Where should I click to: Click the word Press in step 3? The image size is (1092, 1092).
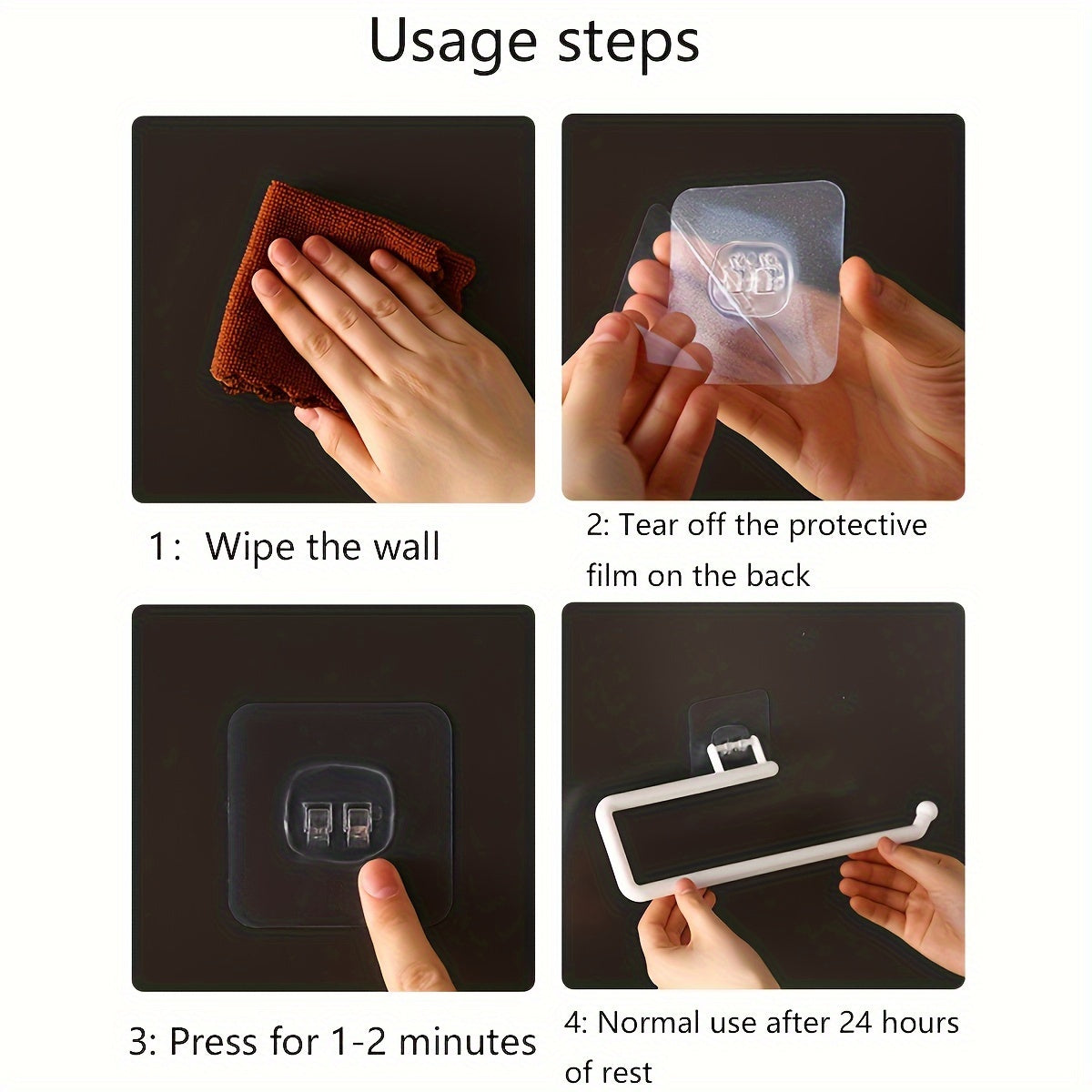(216, 1042)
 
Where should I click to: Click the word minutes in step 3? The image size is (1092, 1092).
(467, 1042)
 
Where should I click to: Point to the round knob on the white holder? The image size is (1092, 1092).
(927, 812)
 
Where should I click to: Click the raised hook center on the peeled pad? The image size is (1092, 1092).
(748, 278)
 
